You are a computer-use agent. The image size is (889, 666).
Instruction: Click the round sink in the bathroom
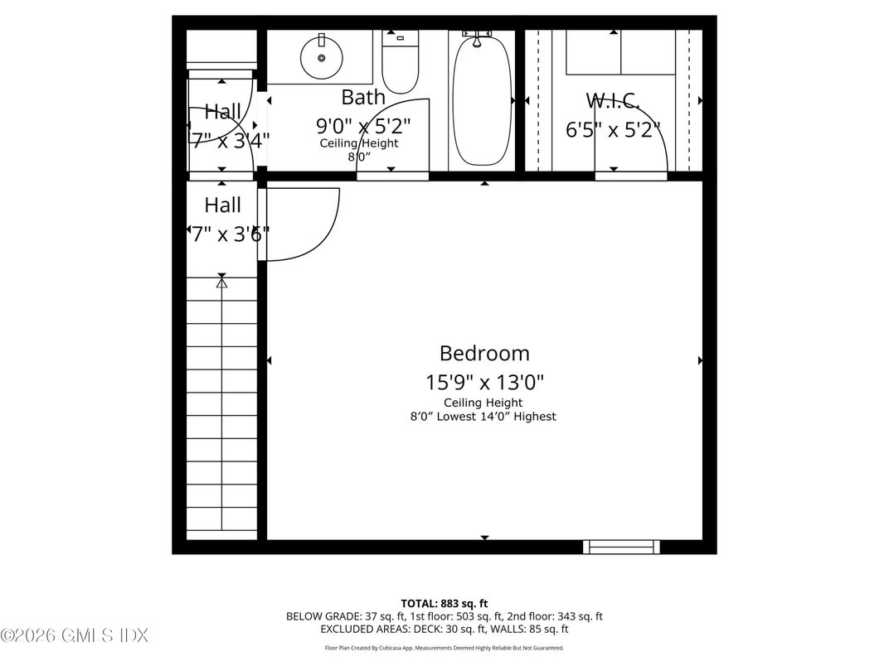[x=321, y=57]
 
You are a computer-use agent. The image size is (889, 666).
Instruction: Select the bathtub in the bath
[x=481, y=99]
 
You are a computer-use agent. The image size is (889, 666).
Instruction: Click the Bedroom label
[x=484, y=354]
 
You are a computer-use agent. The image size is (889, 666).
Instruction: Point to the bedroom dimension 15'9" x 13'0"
[x=484, y=382]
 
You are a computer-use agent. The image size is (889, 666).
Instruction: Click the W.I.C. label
[x=613, y=101]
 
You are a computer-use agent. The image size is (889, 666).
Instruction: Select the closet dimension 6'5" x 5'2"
[x=613, y=130]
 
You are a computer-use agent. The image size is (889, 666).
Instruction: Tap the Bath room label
[x=363, y=97]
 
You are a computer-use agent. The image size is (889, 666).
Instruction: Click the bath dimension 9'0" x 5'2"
[x=363, y=126]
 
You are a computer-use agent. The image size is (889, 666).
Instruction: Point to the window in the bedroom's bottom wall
[x=621, y=547]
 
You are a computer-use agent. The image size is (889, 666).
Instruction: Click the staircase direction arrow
[x=221, y=283]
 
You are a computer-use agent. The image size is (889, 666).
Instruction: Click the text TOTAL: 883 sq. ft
[x=444, y=604]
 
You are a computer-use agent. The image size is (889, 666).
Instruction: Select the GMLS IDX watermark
[x=75, y=636]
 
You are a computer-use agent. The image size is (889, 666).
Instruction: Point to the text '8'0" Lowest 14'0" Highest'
[x=483, y=417]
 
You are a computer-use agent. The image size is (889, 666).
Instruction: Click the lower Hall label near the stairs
[x=223, y=205]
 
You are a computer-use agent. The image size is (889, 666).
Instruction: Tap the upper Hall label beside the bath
[x=223, y=111]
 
